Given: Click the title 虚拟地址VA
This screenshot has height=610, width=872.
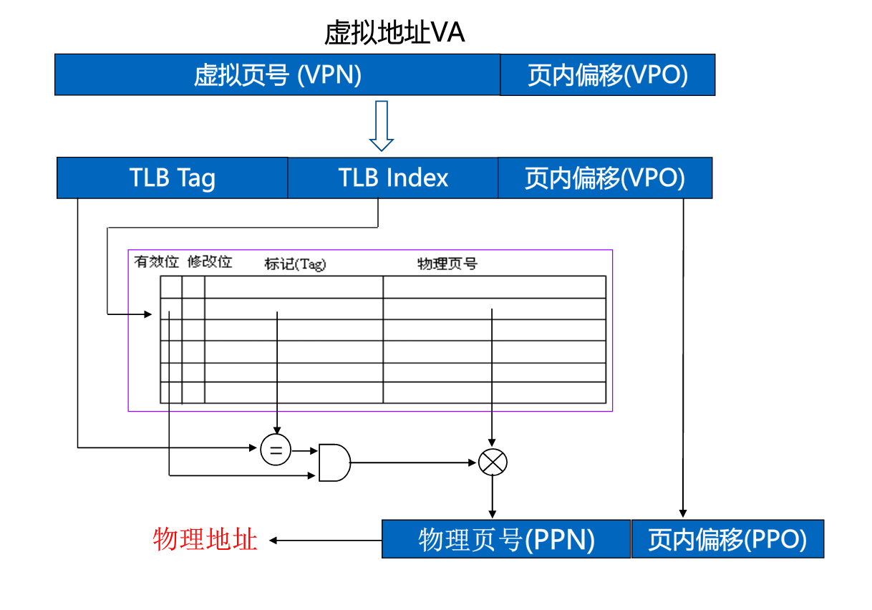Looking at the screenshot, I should [x=394, y=33].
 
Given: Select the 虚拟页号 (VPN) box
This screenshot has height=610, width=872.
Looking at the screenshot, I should [x=277, y=74].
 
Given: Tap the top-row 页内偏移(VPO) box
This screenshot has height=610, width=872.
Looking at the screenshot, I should [x=607, y=74].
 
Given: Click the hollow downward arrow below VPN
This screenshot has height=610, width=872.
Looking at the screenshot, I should [x=382, y=126].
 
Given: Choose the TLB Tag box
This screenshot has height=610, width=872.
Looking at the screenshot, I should [x=172, y=178].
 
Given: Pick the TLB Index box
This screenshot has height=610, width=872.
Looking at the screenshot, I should [x=392, y=178].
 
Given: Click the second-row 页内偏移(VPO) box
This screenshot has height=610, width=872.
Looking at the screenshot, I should [x=605, y=178].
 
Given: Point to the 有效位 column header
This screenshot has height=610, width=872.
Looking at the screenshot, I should [x=156, y=262].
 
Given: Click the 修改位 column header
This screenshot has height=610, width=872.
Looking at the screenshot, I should [x=210, y=262].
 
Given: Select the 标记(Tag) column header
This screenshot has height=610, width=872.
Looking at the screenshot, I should [x=295, y=264].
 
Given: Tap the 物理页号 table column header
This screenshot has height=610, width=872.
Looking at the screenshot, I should [x=447, y=264].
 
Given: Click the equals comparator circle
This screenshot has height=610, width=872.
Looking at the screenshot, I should [x=276, y=450].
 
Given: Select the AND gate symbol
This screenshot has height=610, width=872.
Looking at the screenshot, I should [x=334, y=462].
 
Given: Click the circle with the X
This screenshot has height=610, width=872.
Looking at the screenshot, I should [x=492, y=462].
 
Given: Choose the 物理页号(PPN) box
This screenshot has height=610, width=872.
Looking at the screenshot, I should [x=506, y=539].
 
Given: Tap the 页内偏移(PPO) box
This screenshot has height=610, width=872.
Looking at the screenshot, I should [x=727, y=539].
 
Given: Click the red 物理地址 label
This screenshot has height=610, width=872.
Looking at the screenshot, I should [x=205, y=539].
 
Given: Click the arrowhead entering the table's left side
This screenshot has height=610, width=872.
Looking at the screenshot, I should [x=148, y=314].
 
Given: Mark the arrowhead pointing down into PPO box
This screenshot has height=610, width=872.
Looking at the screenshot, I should [x=683, y=513].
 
